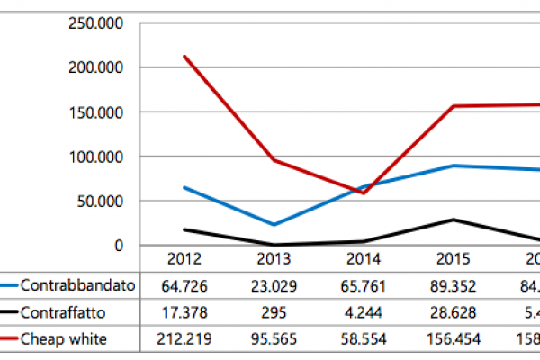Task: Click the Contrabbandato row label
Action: (77, 285)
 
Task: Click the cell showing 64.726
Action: (184, 286)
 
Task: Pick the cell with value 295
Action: (274, 312)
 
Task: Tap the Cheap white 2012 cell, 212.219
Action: (184, 339)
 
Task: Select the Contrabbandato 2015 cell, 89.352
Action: (453, 286)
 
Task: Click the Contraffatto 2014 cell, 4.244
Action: (363, 312)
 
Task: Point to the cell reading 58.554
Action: (363, 339)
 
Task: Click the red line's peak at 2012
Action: (184, 57)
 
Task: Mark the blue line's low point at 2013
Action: (274, 225)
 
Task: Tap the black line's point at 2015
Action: (453, 220)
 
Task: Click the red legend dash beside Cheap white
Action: (9, 338)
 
